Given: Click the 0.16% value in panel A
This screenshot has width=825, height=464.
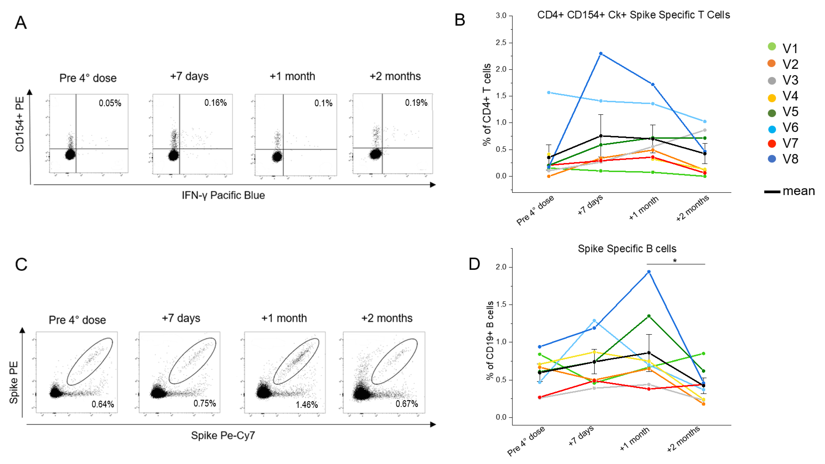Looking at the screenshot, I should coord(215,103).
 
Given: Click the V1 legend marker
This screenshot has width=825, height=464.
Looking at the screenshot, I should coord(772,47).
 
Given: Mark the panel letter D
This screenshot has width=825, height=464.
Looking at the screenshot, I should coord(474,264).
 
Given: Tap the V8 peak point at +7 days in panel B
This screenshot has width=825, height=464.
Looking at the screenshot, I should coord(601,53).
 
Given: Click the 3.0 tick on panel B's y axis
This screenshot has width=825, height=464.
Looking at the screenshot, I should coord(501,16).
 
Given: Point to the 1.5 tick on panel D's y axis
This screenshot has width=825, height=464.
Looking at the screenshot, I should coord(501,305).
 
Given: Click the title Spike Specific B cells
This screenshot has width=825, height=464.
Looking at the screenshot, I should coord(627,249).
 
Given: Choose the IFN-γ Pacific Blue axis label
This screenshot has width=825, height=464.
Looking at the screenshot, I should coord(223,195).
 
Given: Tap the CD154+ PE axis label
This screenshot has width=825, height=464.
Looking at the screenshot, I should coord(20,124).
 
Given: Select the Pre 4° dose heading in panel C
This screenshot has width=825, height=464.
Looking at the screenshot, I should coord(77,320).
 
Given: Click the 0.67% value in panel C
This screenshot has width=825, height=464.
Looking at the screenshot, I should coord(406,404).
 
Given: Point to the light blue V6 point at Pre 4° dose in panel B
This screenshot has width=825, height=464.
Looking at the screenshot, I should coord(549,92).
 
